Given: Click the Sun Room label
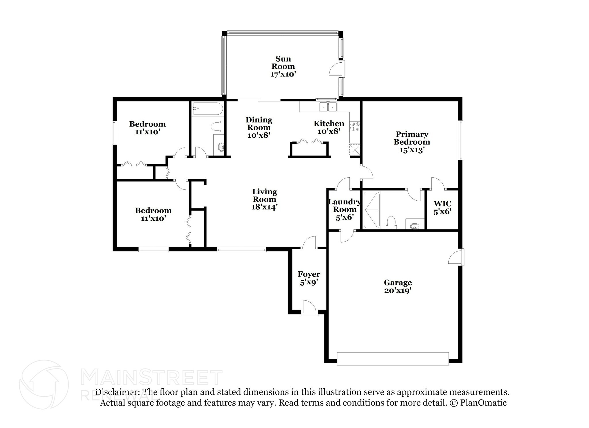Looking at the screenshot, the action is [x=283, y=63].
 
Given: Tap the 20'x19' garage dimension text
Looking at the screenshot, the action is [x=398, y=290].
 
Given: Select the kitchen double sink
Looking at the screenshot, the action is [x=328, y=107].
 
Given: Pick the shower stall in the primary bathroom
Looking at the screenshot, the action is [x=372, y=210].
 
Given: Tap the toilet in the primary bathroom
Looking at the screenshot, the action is [x=391, y=223].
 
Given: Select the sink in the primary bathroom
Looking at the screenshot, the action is [x=415, y=227].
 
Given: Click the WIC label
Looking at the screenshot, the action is [x=442, y=204].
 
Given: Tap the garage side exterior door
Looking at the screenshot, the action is [x=457, y=257].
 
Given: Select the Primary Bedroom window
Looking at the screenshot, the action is [x=461, y=140].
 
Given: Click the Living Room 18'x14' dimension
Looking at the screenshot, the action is [x=264, y=207].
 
